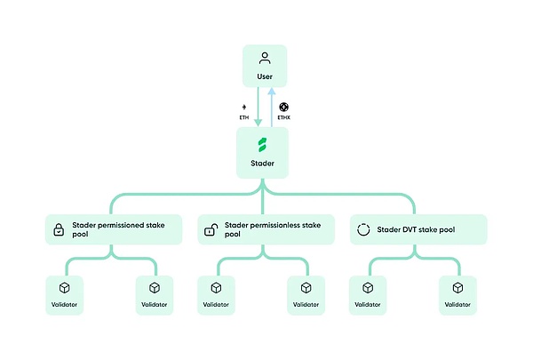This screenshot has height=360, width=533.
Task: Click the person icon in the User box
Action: point(264,59)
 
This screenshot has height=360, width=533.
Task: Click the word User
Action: point(264,77)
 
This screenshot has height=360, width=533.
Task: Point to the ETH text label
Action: point(245,116)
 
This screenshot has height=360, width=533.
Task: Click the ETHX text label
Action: point(285,116)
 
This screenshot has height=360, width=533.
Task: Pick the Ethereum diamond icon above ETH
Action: point(245,106)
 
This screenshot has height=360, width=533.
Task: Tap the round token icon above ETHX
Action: point(285,105)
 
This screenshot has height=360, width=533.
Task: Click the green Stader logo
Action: point(264,144)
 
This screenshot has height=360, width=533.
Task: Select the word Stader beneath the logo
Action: point(264,163)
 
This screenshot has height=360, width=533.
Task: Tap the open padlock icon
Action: point(211,230)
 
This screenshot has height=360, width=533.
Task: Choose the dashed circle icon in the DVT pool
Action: point(362,230)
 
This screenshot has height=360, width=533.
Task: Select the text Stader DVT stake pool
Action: point(416,229)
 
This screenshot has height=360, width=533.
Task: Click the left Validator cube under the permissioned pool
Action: point(64,288)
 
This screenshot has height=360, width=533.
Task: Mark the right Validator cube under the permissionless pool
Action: point(306,288)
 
